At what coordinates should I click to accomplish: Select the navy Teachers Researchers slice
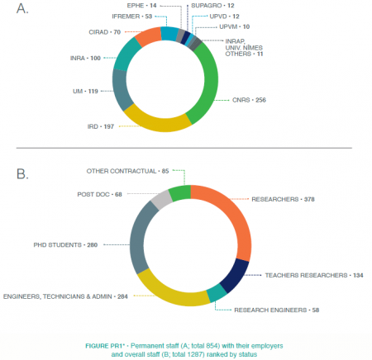(x=235, y=275)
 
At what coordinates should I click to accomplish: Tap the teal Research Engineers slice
(x=217, y=293)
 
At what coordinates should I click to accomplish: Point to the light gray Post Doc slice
(x=162, y=199)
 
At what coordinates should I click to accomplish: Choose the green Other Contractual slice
(x=180, y=192)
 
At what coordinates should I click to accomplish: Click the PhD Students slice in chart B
(x=139, y=238)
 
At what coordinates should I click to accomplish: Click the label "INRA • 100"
(x=85, y=58)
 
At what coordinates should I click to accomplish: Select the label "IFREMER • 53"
(x=132, y=17)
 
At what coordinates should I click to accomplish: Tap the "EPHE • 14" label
(x=141, y=6)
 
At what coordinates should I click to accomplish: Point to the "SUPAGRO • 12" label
(x=212, y=6)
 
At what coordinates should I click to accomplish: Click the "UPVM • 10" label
(x=235, y=26)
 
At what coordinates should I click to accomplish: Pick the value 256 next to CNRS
(x=260, y=100)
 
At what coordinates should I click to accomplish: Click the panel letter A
(x=22, y=8)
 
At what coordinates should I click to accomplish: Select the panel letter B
(x=22, y=174)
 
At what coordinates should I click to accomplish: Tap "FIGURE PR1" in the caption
(x=105, y=346)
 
